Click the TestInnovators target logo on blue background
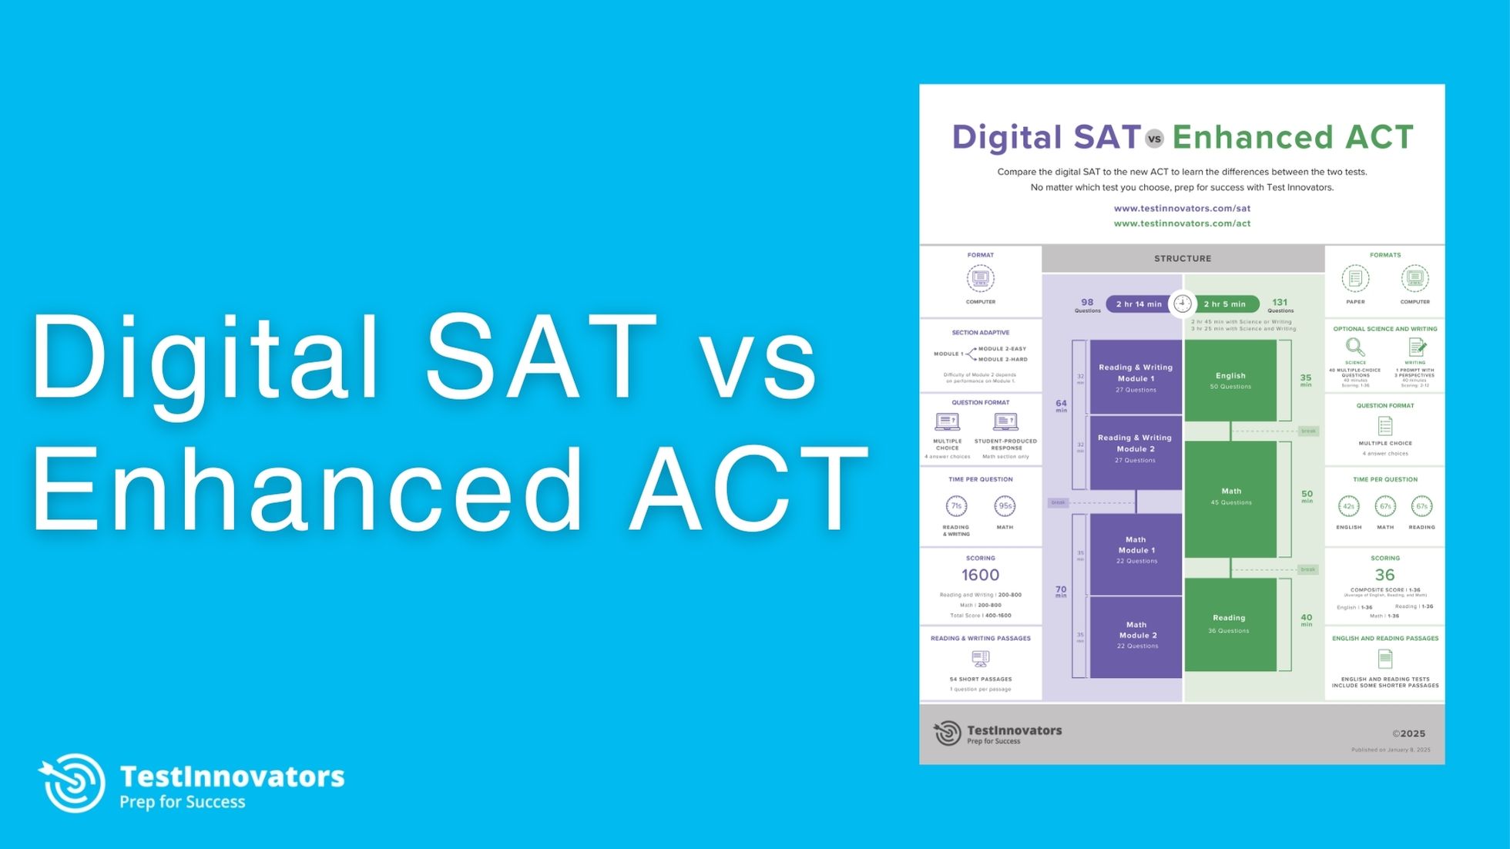pos(72,783)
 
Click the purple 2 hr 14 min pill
pos(1138,304)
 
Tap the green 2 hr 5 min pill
pos(1225,304)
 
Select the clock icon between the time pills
pos(1183,304)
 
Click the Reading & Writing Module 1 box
pos(1136,378)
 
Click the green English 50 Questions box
pos(1230,381)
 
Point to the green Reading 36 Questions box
pos(1230,624)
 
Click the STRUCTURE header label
pos(1183,259)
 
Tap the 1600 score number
pos(980,575)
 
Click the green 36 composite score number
pos(1384,575)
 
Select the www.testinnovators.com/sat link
pos(1182,209)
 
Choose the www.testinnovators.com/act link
pos(1182,223)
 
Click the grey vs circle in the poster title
pos(1154,139)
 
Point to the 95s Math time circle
pos(1005,506)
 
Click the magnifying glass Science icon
pos(1354,347)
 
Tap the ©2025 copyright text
pos(1408,734)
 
